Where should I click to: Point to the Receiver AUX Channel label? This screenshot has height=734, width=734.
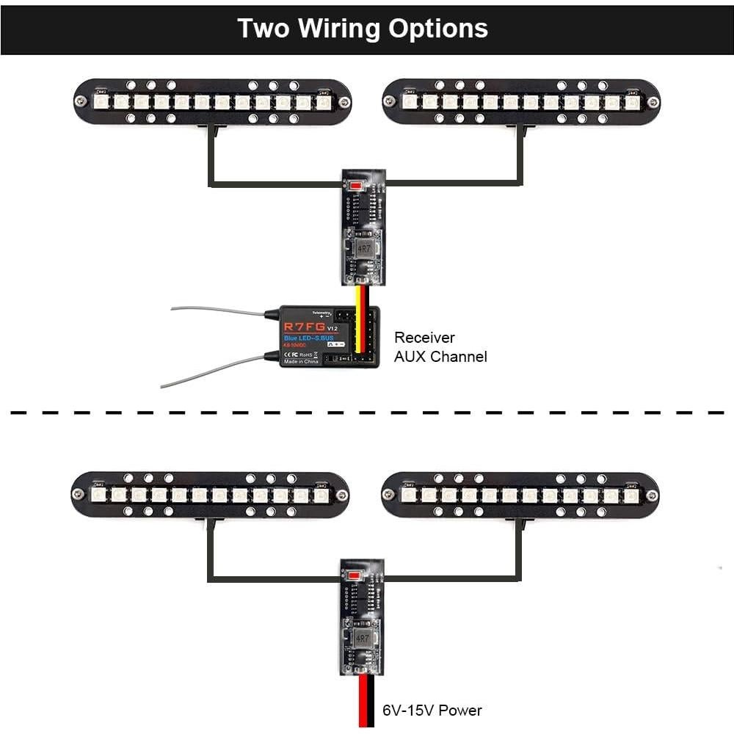[x=440, y=347]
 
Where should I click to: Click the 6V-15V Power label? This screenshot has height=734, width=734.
[x=432, y=710]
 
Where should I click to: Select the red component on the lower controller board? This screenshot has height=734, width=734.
[x=357, y=575]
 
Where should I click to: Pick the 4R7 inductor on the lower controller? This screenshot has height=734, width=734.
[x=361, y=639]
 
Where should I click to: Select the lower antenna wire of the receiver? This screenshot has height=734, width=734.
[x=213, y=371]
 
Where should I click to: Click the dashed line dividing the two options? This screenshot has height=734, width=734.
[x=367, y=413]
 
